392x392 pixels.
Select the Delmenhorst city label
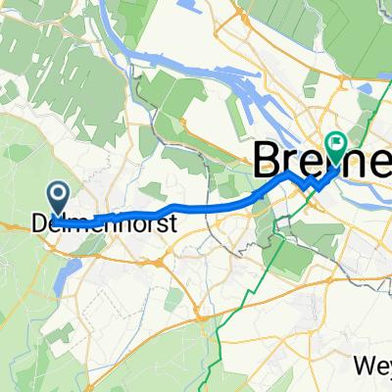coord(105,223)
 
